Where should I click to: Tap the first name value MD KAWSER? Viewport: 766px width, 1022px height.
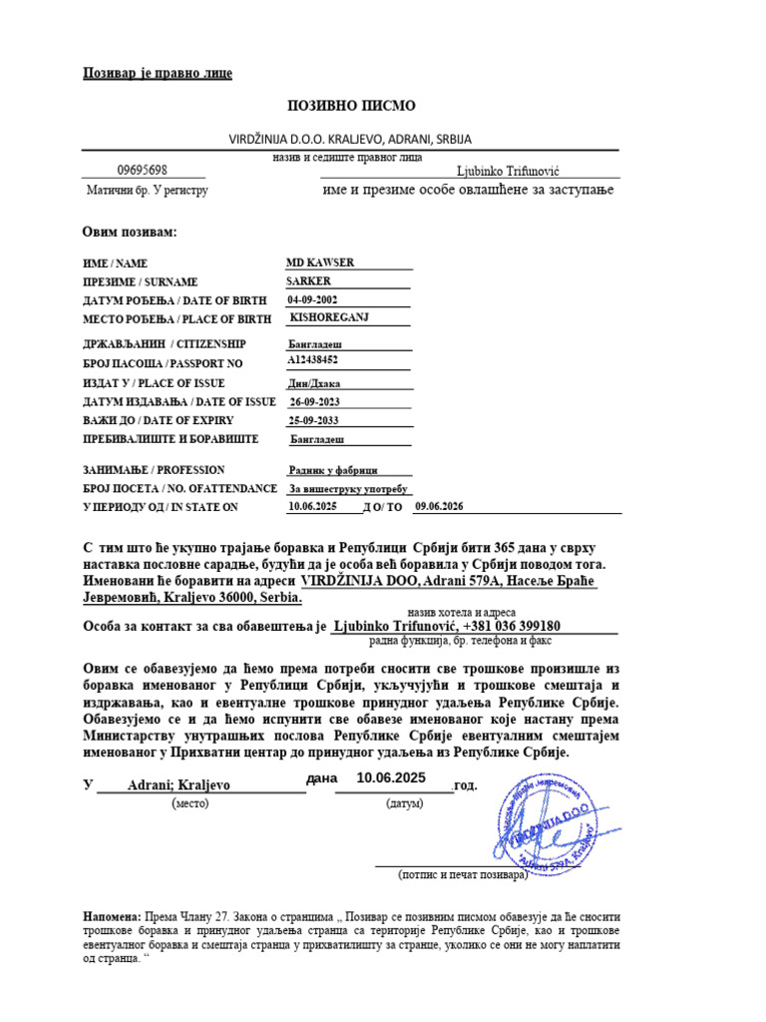coord(320,262)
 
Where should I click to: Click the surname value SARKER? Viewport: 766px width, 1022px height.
coord(308,281)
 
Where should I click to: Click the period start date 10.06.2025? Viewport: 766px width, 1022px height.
coord(313,507)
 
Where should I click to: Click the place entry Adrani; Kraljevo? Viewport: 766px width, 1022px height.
coord(179,785)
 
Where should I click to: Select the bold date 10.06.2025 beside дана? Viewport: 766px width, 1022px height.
coord(391,777)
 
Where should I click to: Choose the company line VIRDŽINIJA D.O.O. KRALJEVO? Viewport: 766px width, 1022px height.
coord(351,139)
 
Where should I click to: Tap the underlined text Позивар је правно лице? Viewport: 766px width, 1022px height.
coord(157,75)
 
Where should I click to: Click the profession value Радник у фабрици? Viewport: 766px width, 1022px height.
coord(335,470)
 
